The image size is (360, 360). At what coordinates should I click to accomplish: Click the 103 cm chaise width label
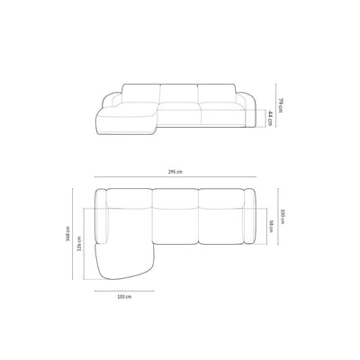126,296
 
